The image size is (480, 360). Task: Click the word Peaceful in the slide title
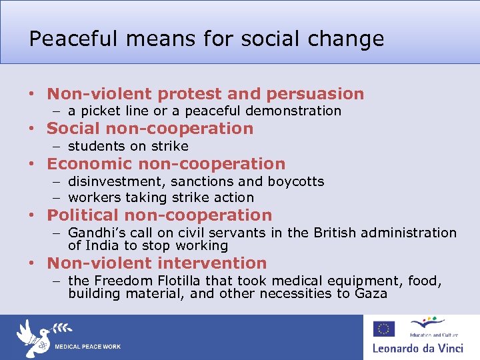click(61, 39)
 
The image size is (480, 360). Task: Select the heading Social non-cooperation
click(150, 129)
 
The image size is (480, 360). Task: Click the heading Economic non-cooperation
click(166, 164)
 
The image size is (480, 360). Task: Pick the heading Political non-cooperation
click(159, 215)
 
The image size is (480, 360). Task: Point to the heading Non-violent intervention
click(157, 264)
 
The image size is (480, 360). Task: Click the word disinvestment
click(117, 182)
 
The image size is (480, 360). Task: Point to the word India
click(103, 246)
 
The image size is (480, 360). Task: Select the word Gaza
click(371, 294)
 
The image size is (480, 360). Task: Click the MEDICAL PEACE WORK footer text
click(87, 347)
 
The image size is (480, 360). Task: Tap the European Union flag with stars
click(383, 329)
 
